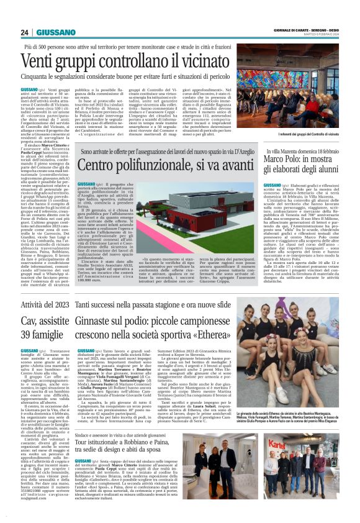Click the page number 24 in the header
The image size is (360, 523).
tap(25, 32)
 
